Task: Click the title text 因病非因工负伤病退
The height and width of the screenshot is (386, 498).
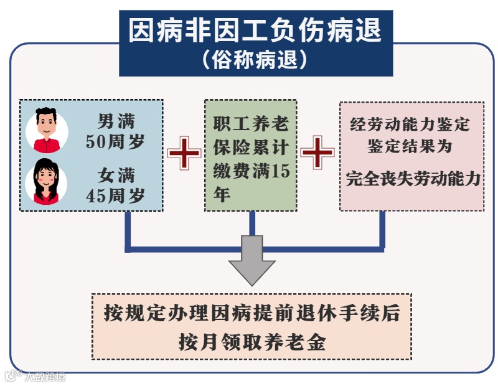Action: coord(255,31)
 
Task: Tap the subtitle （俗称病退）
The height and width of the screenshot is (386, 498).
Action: coord(255,60)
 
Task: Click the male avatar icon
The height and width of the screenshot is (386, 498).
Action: coord(47,129)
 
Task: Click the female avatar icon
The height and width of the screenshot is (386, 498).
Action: coord(47,180)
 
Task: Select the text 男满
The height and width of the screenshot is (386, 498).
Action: coord(116,120)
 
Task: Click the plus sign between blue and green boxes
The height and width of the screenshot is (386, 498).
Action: coord(184,153)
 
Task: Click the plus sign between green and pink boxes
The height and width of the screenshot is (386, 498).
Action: coord(317,153)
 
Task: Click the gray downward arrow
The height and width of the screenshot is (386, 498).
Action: coord(252,261)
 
